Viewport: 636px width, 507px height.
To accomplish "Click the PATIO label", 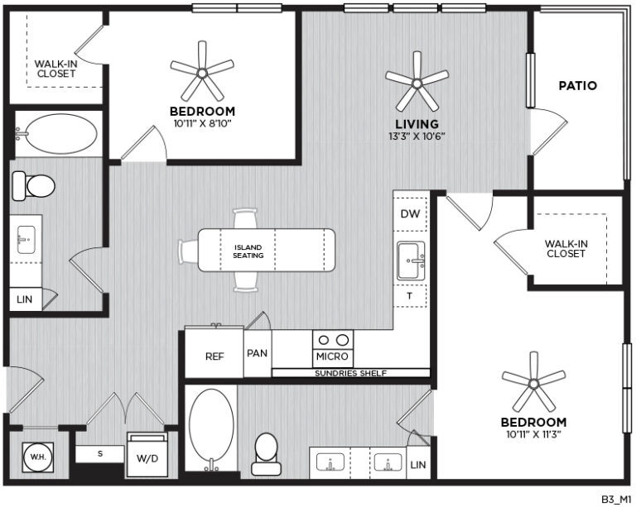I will pyautogui.click(x=577, y=85).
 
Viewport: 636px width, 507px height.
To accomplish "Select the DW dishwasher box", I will pyautogui.click(x=410, y=213).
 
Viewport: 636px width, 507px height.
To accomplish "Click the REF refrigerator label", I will pyautogui.click(x=215, y=357).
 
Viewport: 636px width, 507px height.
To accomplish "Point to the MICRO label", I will pyautogui.click(x=332, y=357).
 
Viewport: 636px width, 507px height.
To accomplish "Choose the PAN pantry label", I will pyautogui.click(x=257, y=352).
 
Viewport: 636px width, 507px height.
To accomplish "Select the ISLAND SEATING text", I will pyautogui.click(x=248, y=251).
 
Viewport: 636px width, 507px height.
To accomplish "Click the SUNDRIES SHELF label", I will pyautogui.click(x=350, y=373).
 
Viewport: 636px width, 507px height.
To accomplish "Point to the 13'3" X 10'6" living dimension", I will pyautogui.click(x=417, y=136).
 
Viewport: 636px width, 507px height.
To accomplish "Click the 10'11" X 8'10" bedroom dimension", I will pyautogui.click(x=202, y=123).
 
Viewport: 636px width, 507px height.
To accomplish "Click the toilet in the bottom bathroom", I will pyautogui.click(x=266, y=452).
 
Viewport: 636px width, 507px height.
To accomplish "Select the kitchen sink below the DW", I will pyautogui.click(x=410, y=261).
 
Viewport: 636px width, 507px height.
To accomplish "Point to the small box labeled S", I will pyautogui.click(x=99, y=454).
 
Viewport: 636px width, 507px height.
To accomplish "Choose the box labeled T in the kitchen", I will pyautogui.click(x=409, y=295).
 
